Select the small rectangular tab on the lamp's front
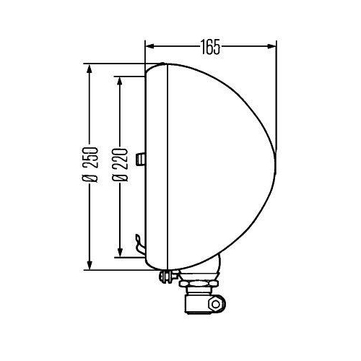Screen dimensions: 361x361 tap(143, 158)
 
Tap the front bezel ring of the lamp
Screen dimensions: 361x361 tap(157, 166)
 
